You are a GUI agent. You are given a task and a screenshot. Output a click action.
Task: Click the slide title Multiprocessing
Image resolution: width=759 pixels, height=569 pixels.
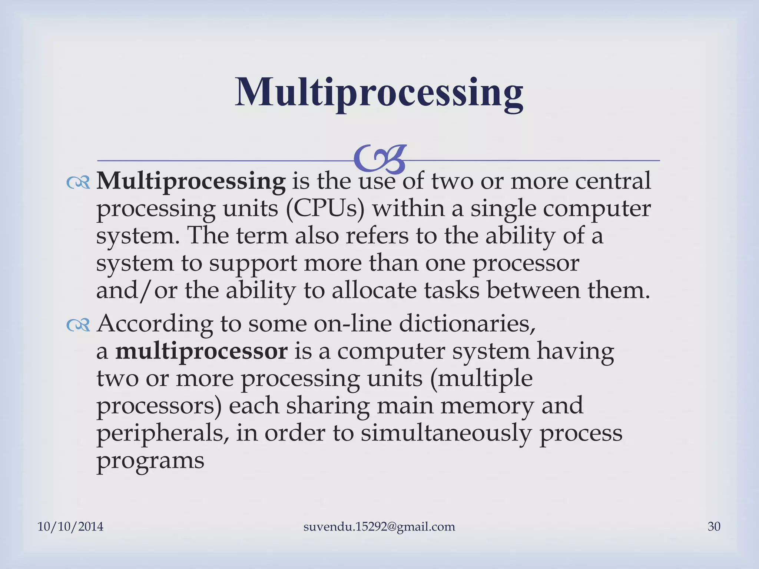click(x=379, y=93)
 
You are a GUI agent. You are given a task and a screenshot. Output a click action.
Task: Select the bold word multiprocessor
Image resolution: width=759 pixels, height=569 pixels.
click(x=201, y=351)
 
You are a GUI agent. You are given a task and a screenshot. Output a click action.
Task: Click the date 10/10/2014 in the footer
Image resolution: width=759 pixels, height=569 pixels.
click(x=70, y=526)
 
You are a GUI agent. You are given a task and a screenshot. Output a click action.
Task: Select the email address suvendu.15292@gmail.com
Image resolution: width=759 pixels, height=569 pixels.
click(x=379, y=526)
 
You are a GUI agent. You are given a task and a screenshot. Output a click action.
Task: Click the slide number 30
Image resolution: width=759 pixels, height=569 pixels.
click(x=714, y=526)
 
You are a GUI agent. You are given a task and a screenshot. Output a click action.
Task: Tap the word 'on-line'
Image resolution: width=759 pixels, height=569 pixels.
click(x=352, y=324)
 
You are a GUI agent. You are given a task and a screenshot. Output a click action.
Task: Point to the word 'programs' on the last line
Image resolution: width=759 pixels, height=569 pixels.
click(x=150, y=461)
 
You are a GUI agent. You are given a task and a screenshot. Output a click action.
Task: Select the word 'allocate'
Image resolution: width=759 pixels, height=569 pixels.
click(x=374, y=290)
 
